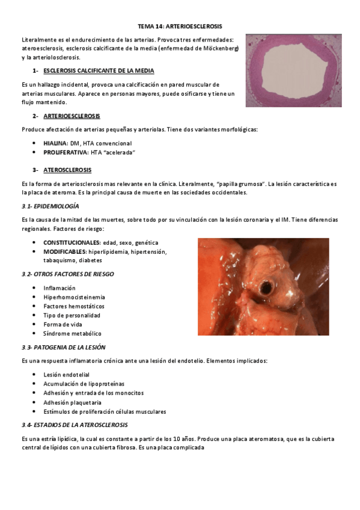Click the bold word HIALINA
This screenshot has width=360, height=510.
(55, 143)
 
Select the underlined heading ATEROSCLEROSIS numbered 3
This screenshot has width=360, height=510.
(67, 170)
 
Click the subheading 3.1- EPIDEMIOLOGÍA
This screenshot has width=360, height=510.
(50, 206)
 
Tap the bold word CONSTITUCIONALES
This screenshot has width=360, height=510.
(72, 242)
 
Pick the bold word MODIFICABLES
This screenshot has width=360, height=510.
(64, 251)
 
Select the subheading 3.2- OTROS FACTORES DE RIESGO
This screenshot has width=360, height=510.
(67, 274)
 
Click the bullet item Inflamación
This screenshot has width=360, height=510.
(59, 288)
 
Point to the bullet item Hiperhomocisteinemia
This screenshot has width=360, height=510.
(75, 297)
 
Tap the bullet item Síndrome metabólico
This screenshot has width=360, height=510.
(72, 333)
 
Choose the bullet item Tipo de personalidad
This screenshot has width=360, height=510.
(72, 315)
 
